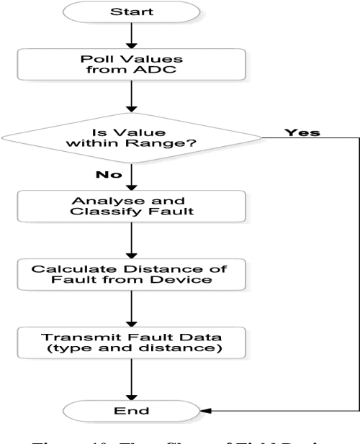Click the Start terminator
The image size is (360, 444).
pyautogui.click(x=130, y=13)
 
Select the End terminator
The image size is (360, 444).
pyautogui.click(x=130, y=410)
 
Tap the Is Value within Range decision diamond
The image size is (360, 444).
pyautogui.click(x=130, y=137)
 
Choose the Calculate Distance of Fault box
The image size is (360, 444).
pyautogui.click(x=130, y=274)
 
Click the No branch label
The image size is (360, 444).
pyautogui.click(x=106, y=173)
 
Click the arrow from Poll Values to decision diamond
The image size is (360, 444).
pyautogui.click(x=130, y=100)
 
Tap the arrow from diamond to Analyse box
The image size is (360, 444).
pyautogui.click(x=130, y=177)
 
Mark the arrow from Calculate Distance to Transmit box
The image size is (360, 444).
pyautogui.click(x=130, y=307)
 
